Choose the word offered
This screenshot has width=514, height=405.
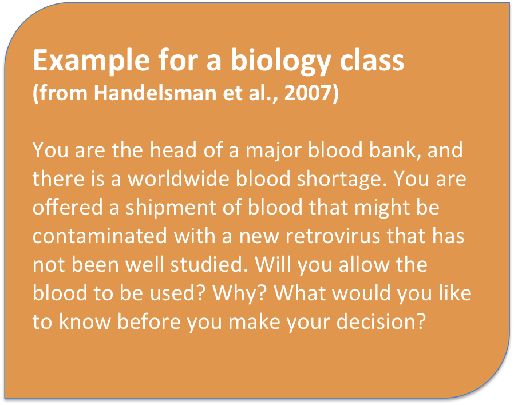68,208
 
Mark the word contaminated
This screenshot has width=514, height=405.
100,236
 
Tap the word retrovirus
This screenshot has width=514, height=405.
333,236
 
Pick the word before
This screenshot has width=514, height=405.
149,322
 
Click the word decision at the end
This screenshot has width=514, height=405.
381,322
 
